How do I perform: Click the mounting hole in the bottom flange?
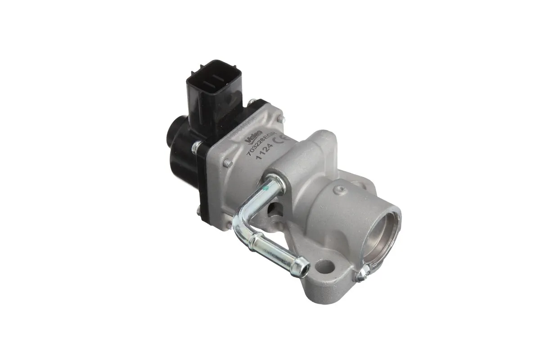pos(325,266)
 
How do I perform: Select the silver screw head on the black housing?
pos(196,147)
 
